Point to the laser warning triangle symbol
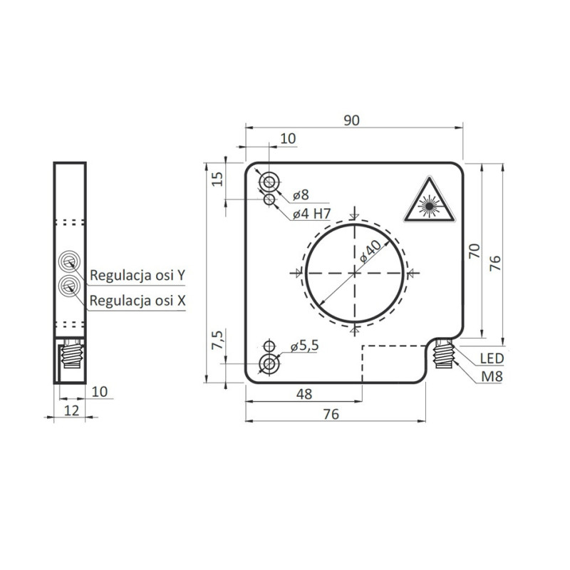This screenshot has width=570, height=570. (427, 202)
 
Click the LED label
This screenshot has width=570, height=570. (492, 358)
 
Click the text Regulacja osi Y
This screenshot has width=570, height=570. (138, 275)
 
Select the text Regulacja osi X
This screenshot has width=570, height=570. (138, 301)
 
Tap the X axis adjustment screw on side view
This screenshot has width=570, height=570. (70, 286)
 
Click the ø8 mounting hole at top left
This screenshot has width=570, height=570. (269, 182)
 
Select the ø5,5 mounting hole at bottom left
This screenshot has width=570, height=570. (269, 364)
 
